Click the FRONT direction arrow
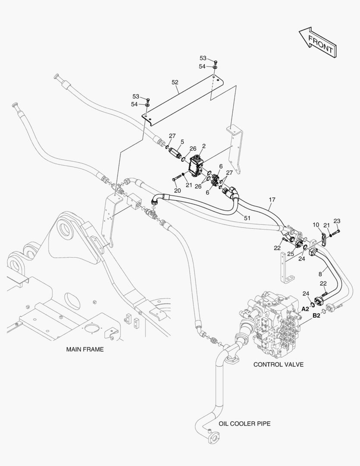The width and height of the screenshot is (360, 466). pyautogui.click(x=317, y=42)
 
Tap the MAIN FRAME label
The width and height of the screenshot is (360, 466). pyautogui.click(x=85, y=349)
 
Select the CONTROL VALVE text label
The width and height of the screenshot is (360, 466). pyautogui.click(x=279, y=364)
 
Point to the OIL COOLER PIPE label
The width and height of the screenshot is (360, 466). pyautogui.click(x=244, y=423)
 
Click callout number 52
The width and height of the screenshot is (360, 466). pyautogui.click(x=175, y=82)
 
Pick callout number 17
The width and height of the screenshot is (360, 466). pyautogui.click(x=272, y=200)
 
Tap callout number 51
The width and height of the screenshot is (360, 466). pyautogui.click(x=247, y=218)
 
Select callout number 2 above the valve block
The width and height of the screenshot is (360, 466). pyautogui.click(x=204, y=146)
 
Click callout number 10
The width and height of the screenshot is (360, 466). pyautogui.click(x=316, y=225)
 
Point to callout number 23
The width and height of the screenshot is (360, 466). pyautogui.click(x=337, y=221)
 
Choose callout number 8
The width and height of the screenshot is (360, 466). pyautogui.click(x=320, y=274)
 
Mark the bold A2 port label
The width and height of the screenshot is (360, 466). pyautogui.click(x=305, y=309)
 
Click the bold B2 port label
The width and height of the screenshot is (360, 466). pyautogui.click(x=316, y=315)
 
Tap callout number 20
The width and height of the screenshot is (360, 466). pyautogui.click(x=177, y=191)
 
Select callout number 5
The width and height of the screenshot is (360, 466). pyautogui.click(x=182, y=142)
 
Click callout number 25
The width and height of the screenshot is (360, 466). pyautogui.click(x=291, y=254)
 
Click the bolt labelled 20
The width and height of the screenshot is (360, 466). pyautogui.click(x=177, y=179)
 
